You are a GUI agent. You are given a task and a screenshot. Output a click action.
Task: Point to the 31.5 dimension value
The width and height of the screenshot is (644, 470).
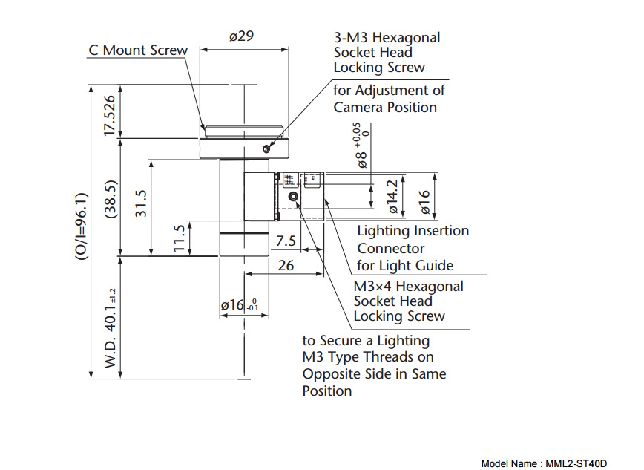[140, 203]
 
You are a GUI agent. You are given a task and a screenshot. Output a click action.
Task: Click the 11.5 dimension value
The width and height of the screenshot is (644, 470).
[179, 238]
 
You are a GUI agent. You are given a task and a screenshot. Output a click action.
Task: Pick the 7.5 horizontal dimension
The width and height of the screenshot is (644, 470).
[286, 241]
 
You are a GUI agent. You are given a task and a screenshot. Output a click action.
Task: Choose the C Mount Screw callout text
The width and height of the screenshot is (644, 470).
[138, 50]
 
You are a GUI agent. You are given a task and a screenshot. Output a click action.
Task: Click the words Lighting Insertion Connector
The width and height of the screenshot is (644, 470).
[413, 239]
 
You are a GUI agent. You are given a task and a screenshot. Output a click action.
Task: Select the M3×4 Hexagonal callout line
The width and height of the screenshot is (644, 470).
[408, 287]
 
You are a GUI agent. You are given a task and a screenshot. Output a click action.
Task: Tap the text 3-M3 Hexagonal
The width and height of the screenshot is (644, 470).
[387, 37]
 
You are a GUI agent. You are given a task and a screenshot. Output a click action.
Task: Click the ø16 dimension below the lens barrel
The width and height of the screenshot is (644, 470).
[237, 304]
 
